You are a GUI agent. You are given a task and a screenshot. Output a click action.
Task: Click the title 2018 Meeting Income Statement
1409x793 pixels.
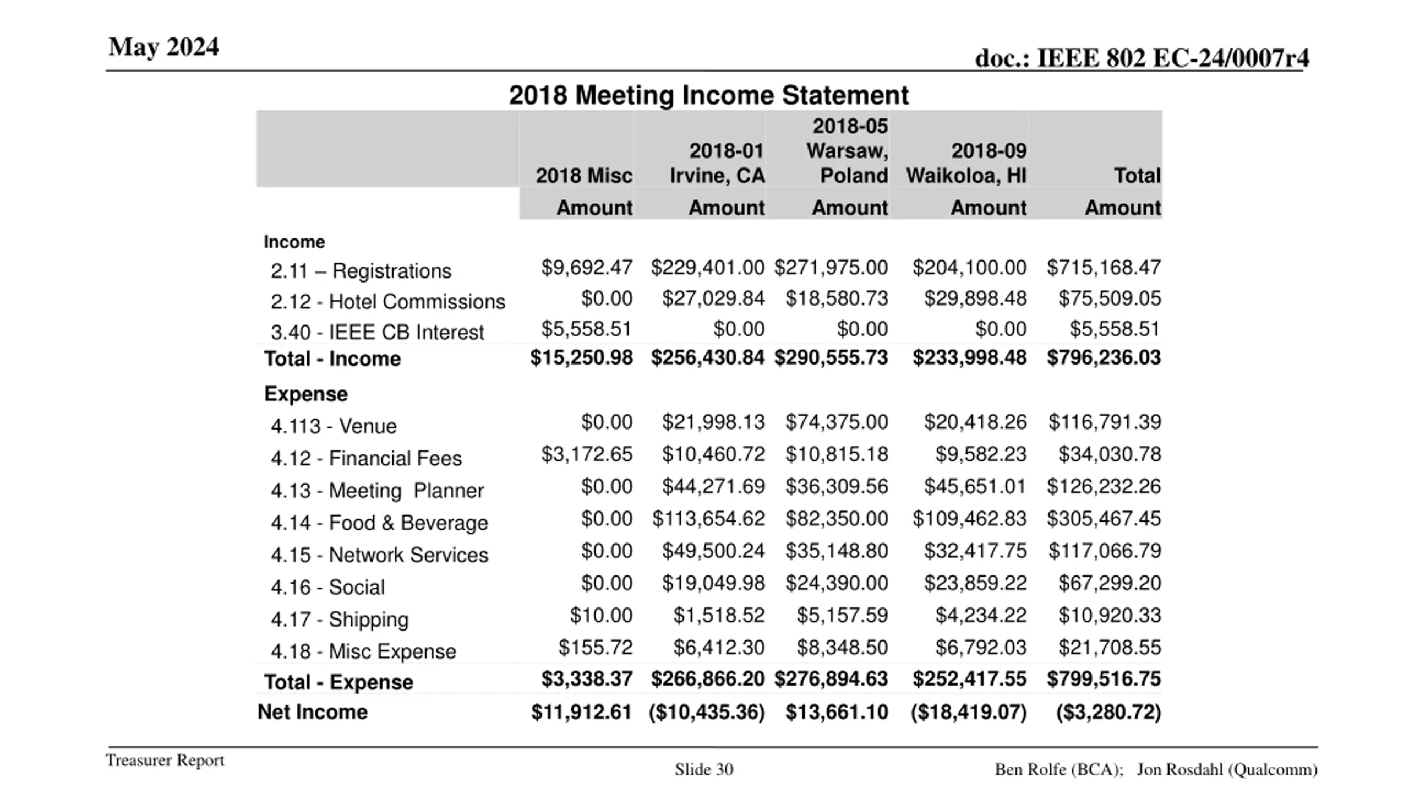(708, 95)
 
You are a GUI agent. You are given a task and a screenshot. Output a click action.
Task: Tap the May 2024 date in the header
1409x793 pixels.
(163, 47)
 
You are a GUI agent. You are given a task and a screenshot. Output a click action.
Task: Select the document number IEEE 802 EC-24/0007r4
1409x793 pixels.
(1142, 58)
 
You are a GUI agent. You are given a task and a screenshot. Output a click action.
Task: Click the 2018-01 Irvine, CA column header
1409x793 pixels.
(717, 163)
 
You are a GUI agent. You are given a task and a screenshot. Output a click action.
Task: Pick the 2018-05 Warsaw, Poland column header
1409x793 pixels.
(847, 151)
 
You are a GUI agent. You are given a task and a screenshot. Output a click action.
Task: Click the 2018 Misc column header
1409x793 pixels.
(583, 176)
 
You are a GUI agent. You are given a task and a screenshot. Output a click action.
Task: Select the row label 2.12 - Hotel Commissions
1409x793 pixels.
(387, 302)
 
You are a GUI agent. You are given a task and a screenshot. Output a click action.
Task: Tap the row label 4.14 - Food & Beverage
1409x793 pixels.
(379, 523)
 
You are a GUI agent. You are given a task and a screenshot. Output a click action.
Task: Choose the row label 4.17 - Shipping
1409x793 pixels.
(339, 620)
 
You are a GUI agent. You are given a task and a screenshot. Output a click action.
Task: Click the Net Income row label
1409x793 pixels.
(312, 712)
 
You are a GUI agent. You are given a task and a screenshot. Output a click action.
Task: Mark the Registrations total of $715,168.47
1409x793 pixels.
(1104, 268)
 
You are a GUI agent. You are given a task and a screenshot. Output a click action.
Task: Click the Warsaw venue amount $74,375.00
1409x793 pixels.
(836, 422)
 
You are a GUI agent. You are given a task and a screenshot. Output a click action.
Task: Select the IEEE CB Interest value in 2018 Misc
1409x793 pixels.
(586, 329)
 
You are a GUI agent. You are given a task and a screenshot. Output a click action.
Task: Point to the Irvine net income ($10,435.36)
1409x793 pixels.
(707, 712)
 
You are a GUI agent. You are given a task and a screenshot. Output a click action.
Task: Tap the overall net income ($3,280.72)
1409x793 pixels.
(1108, 712)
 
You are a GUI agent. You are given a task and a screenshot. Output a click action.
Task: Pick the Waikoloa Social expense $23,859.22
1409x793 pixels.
(975, 583)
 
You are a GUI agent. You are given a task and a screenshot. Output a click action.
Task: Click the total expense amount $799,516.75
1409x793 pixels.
(1104, 679)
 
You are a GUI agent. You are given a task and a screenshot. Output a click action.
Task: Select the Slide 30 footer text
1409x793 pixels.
(704, 769)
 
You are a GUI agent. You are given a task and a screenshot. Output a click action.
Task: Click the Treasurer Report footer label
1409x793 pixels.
(165, 761)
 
